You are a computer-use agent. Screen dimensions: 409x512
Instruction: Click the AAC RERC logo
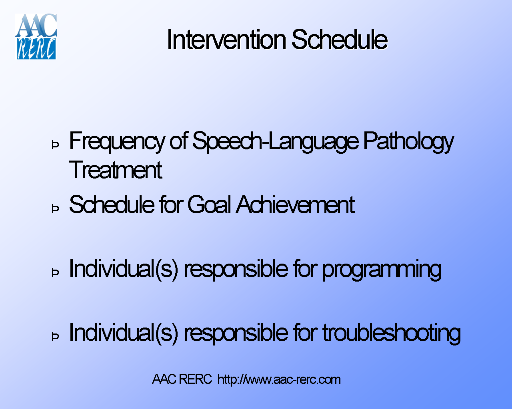pyautogui.click(x=36, y=37)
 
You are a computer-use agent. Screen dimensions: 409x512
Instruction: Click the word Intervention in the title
pyautogui.click(x=226, y=40)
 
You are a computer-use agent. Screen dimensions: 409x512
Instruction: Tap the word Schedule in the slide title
pyautogui.click(x=339, y=40)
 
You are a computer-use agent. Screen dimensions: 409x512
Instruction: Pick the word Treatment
pyautogui.click(x=116, y=170)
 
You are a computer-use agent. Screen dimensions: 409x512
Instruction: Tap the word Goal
pyautogui.click(x=209, y=205)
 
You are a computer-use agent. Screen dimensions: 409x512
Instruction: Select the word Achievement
pyautogui.click(x=295, y=205)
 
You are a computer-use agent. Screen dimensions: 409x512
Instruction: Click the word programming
pyautogui.click(x=382, y=269)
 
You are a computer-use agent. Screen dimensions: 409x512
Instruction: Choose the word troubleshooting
pyautogui.click(x=392, y=333)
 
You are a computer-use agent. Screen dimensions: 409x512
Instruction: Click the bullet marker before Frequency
pyautogui.click(x=56, y=145)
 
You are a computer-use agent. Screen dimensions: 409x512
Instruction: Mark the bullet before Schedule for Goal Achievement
pyautogui.click(x=56, y=208)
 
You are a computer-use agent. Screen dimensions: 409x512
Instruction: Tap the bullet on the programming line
pyautogui.click(x=56, y=272)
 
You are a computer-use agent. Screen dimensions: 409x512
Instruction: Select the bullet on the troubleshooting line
pyautogui.click(x=56, y=336)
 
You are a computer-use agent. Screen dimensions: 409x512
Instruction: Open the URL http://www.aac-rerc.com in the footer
pyautogui.click(x=279, y=379)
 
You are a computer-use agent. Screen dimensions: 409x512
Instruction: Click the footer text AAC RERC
pyautogui.click(x=182, y=379)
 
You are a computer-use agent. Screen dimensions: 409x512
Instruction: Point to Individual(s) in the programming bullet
pyautogui.click(x=124, y=269)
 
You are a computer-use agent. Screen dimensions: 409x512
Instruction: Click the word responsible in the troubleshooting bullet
pyautogui.click(x=235, y=333)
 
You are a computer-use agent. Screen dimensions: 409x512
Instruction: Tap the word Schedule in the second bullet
pyautogui.click(x=112, y=205)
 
